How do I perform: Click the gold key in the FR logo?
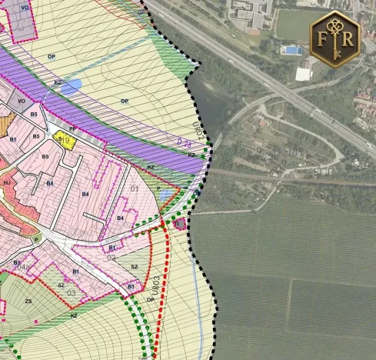click(335, 40)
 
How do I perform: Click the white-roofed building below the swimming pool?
click(304, 74)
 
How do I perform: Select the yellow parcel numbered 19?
click(65, 141)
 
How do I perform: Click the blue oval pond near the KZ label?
click(70, 86)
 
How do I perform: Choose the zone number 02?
click(111, 258)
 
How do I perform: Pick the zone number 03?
click(72, 293)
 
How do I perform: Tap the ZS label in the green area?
click(28, 301)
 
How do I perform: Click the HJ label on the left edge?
click(7, 182)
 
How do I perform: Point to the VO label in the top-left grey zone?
click(25, 8)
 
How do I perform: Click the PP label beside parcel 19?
click(73, 129)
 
